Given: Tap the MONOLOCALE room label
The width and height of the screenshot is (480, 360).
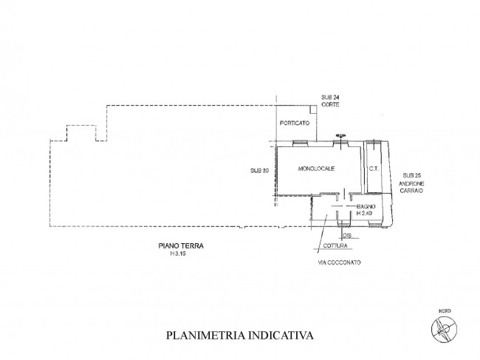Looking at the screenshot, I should point(317,169).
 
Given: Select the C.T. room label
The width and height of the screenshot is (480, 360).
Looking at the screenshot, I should point(374,169).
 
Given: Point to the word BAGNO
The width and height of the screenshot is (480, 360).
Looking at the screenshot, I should point(367,206).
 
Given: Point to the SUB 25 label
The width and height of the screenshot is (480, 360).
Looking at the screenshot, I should point(406,171).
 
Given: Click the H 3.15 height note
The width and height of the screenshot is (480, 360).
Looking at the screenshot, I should point(177,255).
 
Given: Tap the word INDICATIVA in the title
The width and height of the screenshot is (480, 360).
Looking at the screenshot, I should point(280,335).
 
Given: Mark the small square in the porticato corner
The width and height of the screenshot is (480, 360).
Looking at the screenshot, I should point(314,109).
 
